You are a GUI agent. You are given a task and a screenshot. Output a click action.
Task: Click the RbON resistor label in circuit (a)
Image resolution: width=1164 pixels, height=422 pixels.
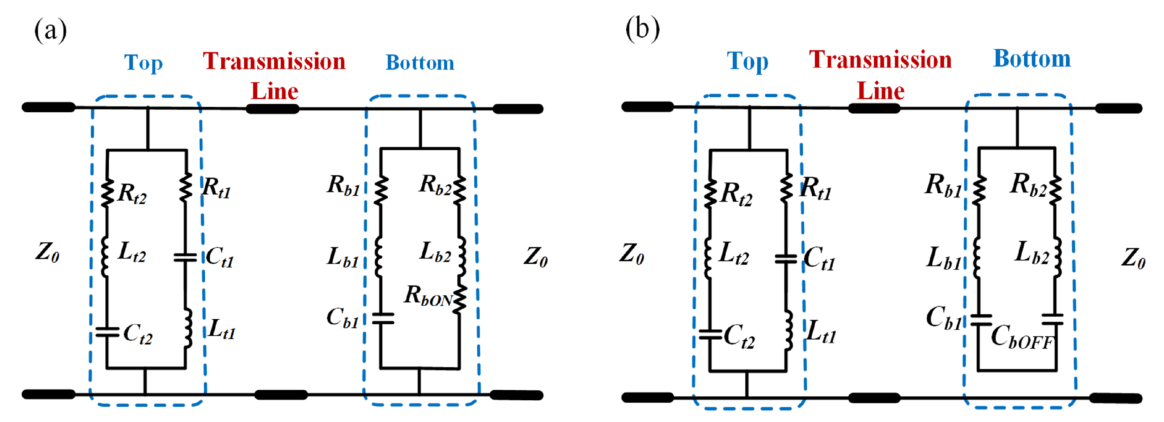(x=427, y=296)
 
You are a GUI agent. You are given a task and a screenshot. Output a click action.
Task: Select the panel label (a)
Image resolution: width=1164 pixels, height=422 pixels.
(x=50, y=31)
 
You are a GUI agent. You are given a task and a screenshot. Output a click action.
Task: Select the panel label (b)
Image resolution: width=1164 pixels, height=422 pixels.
(x=642, y=29)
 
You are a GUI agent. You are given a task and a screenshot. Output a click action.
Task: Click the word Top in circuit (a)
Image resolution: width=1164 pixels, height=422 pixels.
(x=143, y=63)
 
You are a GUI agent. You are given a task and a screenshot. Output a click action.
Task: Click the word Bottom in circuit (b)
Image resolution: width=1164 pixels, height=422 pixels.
(x=1031, y=59)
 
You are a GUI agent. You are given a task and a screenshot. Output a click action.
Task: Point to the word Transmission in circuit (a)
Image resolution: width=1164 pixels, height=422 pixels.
(x=274, y=61)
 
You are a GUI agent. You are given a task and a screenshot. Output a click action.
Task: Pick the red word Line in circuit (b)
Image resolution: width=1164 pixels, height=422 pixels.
(x=880, y=91)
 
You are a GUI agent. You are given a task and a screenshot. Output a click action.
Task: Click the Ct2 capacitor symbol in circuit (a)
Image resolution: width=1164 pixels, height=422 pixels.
(x=107, y=332)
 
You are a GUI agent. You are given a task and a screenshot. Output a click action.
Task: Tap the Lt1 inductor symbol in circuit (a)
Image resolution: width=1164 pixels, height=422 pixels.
(x=187, y=329)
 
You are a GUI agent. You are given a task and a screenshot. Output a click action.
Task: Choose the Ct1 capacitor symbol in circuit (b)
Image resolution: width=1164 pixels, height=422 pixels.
(x=786, y=259)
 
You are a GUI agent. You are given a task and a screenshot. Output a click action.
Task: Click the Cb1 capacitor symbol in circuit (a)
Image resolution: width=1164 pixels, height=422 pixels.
(x=383, y=319)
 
